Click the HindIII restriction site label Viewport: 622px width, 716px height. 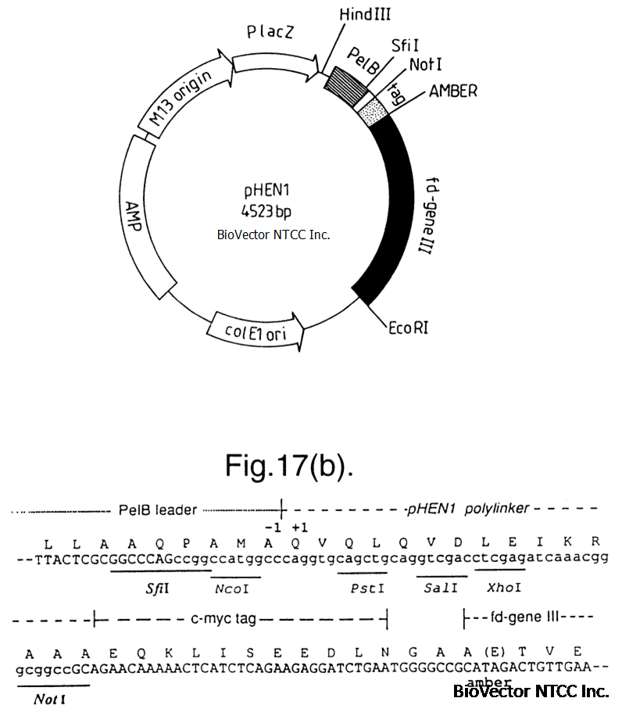[365, 15]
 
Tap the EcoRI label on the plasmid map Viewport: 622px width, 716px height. [409, 328]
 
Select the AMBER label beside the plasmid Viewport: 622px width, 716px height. [453, 91]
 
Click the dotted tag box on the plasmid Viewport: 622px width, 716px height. [373, 113]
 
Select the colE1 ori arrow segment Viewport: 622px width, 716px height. [256, 331]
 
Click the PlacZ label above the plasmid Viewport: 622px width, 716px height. [270, 32]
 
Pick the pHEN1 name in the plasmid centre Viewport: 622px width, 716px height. [267, 191]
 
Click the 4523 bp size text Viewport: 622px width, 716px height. [266, 211]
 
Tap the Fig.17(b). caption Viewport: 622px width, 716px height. [289, 466]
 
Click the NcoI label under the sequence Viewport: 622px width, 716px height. [232, 589]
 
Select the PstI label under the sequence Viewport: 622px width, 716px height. [367, 588]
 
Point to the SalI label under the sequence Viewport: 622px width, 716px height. [441, 588]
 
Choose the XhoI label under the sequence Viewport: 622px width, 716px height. [504, 587]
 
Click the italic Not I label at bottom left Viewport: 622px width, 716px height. [50, 699]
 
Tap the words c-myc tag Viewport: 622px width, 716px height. [223, 618]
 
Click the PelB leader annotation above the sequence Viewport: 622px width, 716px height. [157, 510]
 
